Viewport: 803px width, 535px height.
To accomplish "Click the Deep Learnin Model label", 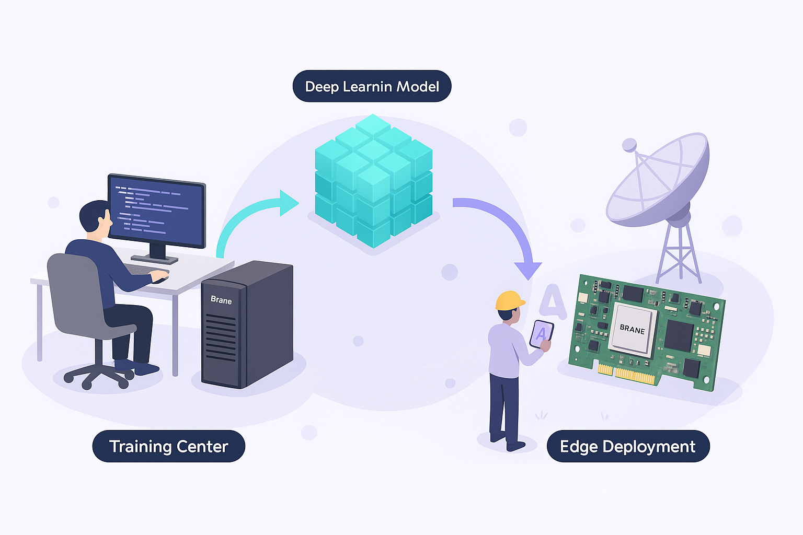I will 372,86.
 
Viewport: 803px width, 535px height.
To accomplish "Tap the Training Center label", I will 168,446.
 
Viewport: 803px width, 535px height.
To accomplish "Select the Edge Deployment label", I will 627,446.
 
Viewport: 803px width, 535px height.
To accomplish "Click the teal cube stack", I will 374,180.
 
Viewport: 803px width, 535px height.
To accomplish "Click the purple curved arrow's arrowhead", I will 528,270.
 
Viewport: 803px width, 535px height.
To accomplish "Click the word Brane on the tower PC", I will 221,300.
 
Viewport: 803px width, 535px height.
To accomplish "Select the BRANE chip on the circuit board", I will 632,329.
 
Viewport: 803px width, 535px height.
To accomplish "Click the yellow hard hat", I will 510,300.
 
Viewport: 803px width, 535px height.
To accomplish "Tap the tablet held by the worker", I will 541,333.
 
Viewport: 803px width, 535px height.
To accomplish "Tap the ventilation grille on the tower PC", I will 221,337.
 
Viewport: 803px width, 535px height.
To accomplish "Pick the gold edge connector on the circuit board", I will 627,374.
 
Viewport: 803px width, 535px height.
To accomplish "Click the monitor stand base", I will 154,259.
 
